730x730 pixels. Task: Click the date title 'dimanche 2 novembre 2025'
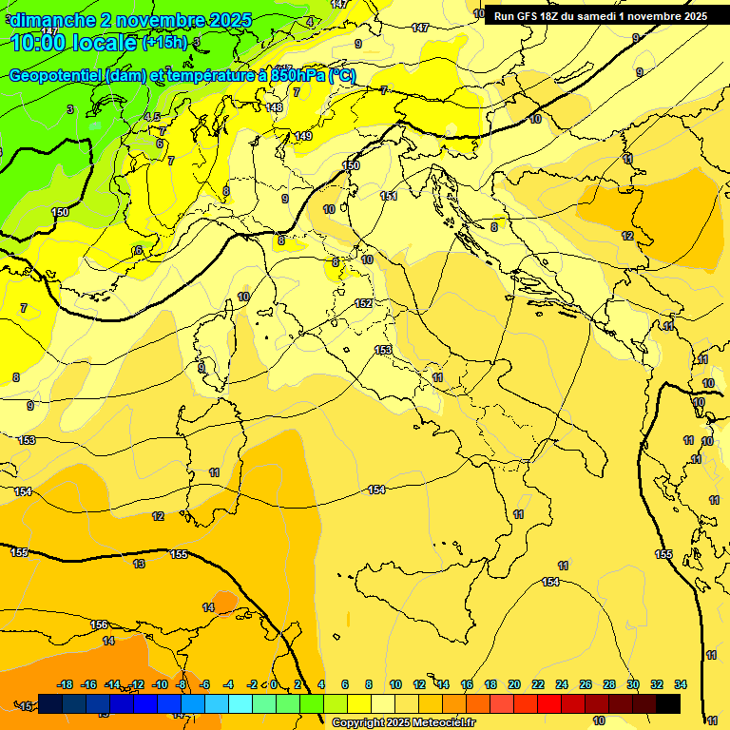tap(131, 20)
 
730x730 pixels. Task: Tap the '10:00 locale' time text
tap(74, 43)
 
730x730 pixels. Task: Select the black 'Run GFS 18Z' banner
tap(600, 15)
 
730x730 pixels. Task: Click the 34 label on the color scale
tap(681, 684)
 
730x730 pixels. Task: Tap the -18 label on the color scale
tap(66, 684)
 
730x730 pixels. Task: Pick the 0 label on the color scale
tap(274, 684)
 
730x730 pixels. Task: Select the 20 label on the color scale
tap(514, 684)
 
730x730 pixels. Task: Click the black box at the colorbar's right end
tap(668, 703)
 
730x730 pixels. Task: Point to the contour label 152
tap(363, 303)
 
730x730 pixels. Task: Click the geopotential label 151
tap(389, 196)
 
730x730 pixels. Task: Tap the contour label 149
tap(303, 136)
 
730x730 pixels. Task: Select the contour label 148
tap(275, 107)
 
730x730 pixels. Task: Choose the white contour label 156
tap(99, 624)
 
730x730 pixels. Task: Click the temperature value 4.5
tap(152, 117)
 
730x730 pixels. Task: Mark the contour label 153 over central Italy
tap(383, 350)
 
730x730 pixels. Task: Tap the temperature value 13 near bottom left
tap(140, 564)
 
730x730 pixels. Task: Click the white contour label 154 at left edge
tap(23, 491)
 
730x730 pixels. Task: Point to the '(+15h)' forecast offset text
tap(164, 42)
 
